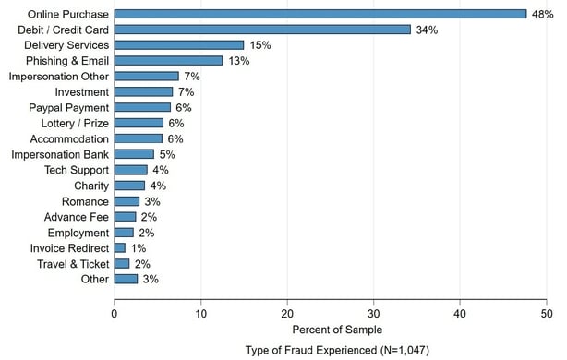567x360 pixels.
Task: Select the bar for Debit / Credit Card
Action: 261,30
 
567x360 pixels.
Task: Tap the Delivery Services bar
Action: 178,45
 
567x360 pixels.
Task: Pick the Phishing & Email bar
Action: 168,61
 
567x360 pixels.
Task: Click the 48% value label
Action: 542,14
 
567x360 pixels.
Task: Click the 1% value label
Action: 139,247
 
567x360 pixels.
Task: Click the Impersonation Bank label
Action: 60,154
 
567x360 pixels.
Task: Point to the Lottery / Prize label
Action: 75,123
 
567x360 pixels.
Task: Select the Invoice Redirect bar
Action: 119,247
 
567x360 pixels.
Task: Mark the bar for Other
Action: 126,279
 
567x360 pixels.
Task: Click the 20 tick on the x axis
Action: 287,312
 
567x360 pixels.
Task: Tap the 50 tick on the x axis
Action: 547,312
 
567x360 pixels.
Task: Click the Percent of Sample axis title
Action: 330,330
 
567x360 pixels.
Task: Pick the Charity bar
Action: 129,186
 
